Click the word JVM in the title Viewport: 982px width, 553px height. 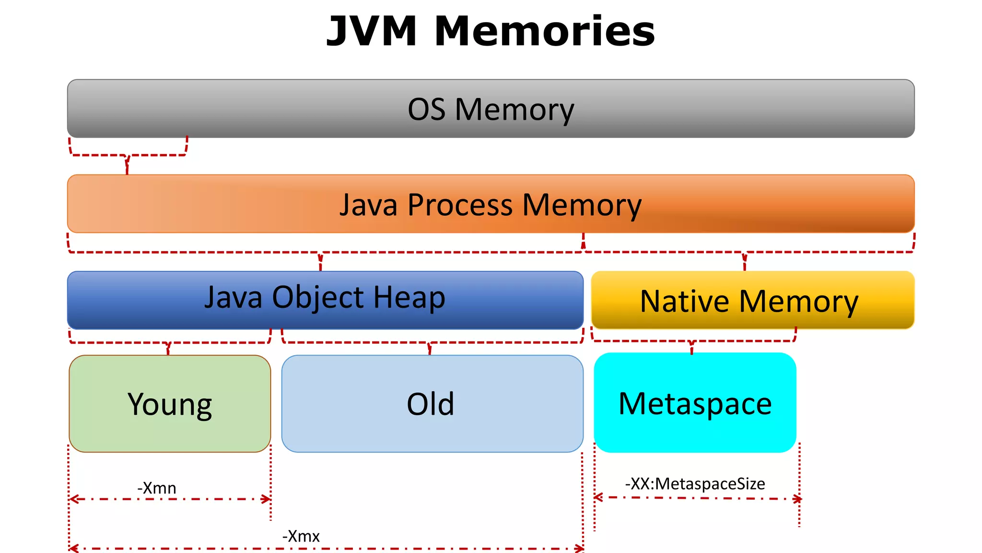(x=372, y=31)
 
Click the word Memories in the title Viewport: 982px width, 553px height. (x=545, y=31)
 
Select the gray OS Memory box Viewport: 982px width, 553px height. (x=491, y=108)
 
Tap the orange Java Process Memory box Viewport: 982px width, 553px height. (x=491, y=204)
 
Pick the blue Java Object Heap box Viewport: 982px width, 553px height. (x=325, y=300)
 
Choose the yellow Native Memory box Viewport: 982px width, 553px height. (x=753, y=301)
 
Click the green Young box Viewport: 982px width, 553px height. (x=170, y=404)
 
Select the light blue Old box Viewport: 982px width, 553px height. (x=432, y=404)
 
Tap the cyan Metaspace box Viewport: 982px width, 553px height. (x=695, y=403)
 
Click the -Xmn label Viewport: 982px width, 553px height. (x=157, y=488)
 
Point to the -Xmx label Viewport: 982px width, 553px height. (x=301, y=536)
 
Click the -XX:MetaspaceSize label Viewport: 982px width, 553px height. (x=695, y=483)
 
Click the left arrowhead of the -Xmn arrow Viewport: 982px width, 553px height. (x=73, y=499)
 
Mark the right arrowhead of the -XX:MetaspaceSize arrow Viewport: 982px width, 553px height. (x=797, y=499)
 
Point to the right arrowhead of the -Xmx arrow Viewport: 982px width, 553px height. (x=580, y=548)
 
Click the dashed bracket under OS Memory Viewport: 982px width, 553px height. (x=128, y=155)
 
